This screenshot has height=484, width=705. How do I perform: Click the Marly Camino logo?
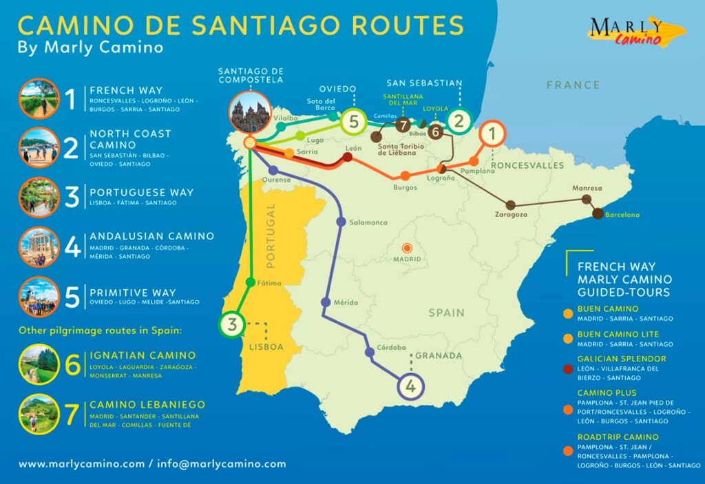[636, 32]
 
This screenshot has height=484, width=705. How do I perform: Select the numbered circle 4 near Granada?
[410, 386]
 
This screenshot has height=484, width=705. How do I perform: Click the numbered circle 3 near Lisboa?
[233, 325]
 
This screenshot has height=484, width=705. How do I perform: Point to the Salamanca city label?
[368, 222]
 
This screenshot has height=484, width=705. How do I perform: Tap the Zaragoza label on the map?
[511, 215]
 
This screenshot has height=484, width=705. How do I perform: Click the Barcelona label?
[622, 215]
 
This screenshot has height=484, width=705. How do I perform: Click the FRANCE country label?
[573, 85]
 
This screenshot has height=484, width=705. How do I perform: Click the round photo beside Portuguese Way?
[39, 196]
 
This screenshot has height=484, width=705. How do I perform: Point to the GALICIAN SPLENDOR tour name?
[622, 359]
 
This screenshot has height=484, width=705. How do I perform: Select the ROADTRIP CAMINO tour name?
[618, 436]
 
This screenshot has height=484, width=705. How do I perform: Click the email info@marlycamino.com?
[221, 464]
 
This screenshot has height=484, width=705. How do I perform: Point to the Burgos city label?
[405, 187]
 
